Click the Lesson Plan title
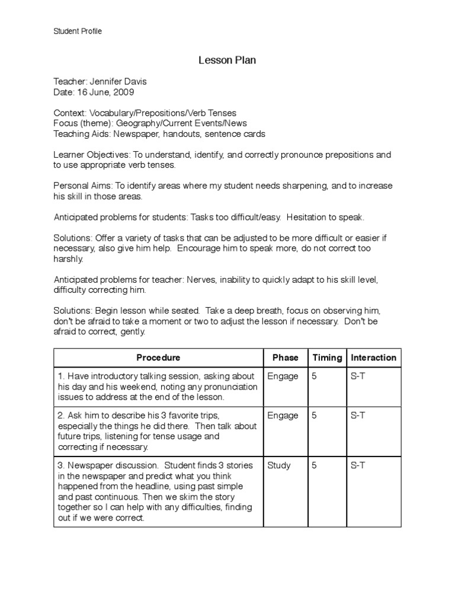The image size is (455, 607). [227, 60]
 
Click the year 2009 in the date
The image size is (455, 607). [124, 92]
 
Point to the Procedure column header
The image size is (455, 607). [158, 357]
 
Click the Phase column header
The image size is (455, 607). [285, 357]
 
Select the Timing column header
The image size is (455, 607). [327, 357]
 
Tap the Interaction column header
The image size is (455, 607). [373, 357]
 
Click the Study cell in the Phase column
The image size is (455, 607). [279, 465]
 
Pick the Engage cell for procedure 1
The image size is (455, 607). [283, 376]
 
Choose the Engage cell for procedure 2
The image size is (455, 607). [283, 416]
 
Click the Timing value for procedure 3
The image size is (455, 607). [314, 465]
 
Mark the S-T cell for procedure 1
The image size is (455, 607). [358, 376]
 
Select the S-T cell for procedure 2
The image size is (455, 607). [358, 416]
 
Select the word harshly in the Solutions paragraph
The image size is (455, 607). [69, 259]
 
